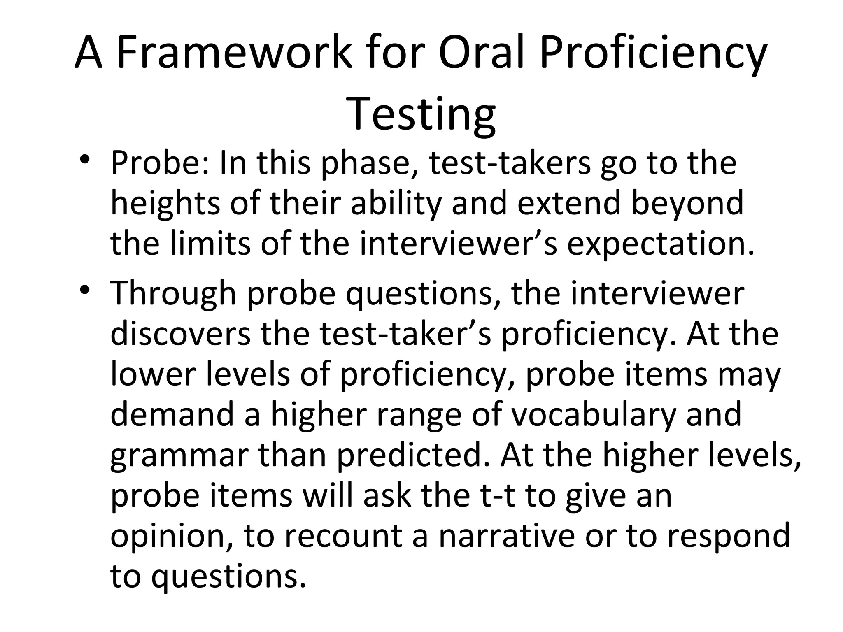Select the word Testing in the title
click(x=421, y=114)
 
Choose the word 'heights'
click(x=165, y=204)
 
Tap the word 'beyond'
click(x=688, y=204)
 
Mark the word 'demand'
click(x=173, y=415)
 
